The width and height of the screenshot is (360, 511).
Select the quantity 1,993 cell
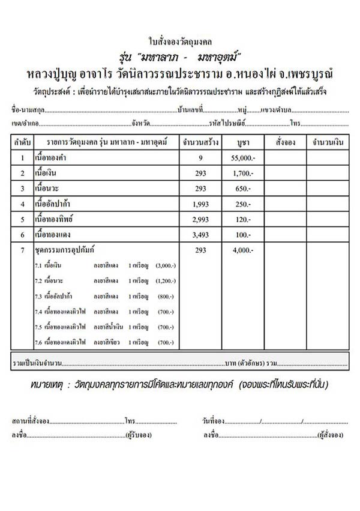click(x=201, y=204)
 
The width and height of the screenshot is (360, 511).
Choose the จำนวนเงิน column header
click(x=328, y=144)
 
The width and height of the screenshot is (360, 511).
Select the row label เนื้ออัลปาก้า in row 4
click(x=58, y=204)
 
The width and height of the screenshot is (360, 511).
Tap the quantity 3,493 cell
click(x=201, y=233)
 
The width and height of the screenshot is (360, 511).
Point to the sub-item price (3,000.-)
click(x=165, y=265)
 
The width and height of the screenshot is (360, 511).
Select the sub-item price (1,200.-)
click(x=165, y=280)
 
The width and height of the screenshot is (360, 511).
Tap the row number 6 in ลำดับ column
click(x=23, y=233)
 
